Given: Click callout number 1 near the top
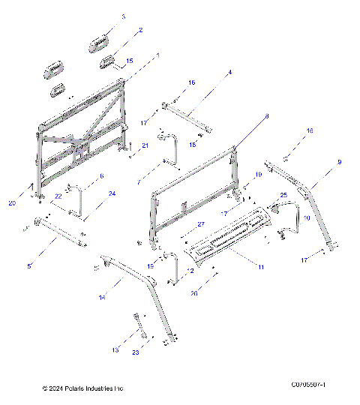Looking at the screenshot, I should coord(157,55).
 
